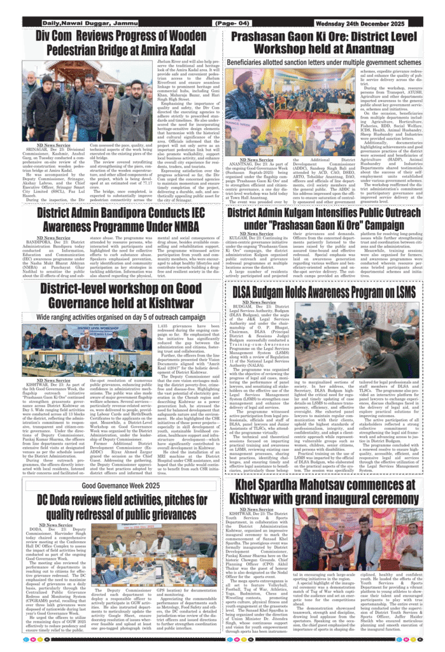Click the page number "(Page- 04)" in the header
(x=233, y=24)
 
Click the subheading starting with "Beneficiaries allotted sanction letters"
(x=325, y=62)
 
